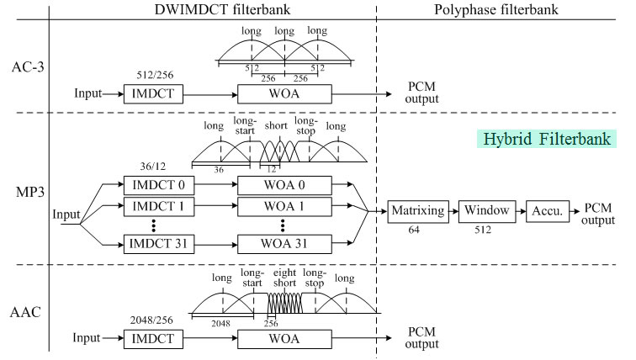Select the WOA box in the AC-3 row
[x=284, y=93]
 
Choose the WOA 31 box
[x=284, y=243]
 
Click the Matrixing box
[x=416, y=210]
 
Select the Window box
[x=485, y=210]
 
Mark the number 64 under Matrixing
[x=413, y=229]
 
